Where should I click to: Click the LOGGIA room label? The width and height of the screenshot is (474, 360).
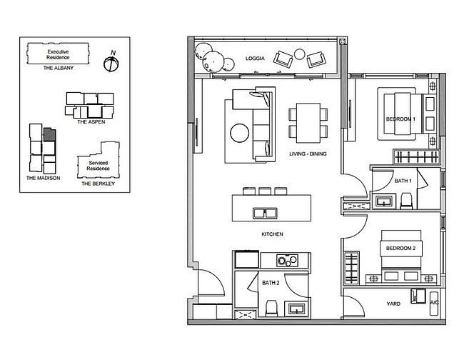click(255, 59)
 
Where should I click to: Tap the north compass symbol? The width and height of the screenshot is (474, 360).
click(111, 63)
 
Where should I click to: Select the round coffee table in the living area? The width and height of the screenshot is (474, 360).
click(240, 133)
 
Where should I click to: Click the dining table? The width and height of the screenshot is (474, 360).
click(308, 123)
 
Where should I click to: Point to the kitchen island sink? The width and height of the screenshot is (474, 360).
click(265, 213)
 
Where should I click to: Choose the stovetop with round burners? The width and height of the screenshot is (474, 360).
click(287, 261)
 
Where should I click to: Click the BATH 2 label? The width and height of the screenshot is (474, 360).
click(271, 283)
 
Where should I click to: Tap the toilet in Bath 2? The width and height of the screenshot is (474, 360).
click(271, 309)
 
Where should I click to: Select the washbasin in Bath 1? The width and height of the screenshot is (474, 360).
click(384, 201)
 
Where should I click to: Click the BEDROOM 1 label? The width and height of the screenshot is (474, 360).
click(401, 119)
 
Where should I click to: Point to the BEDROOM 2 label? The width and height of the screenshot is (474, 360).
click(401, 249)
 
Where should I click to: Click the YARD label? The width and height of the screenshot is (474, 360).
click(393, 304)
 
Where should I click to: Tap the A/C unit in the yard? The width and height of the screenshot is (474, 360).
click(434, 304)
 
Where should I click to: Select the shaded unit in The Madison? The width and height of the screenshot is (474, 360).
click(49, 135)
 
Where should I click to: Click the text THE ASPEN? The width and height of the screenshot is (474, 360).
click(91, 122)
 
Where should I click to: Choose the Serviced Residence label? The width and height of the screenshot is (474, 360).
click(99, 166)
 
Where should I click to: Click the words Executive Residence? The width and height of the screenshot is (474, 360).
click(58, 54)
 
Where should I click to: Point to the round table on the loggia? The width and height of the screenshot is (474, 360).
click(300, 54)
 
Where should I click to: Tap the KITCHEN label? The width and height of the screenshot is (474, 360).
click(273, 234)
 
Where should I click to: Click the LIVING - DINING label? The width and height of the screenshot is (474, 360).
click(308, 154)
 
